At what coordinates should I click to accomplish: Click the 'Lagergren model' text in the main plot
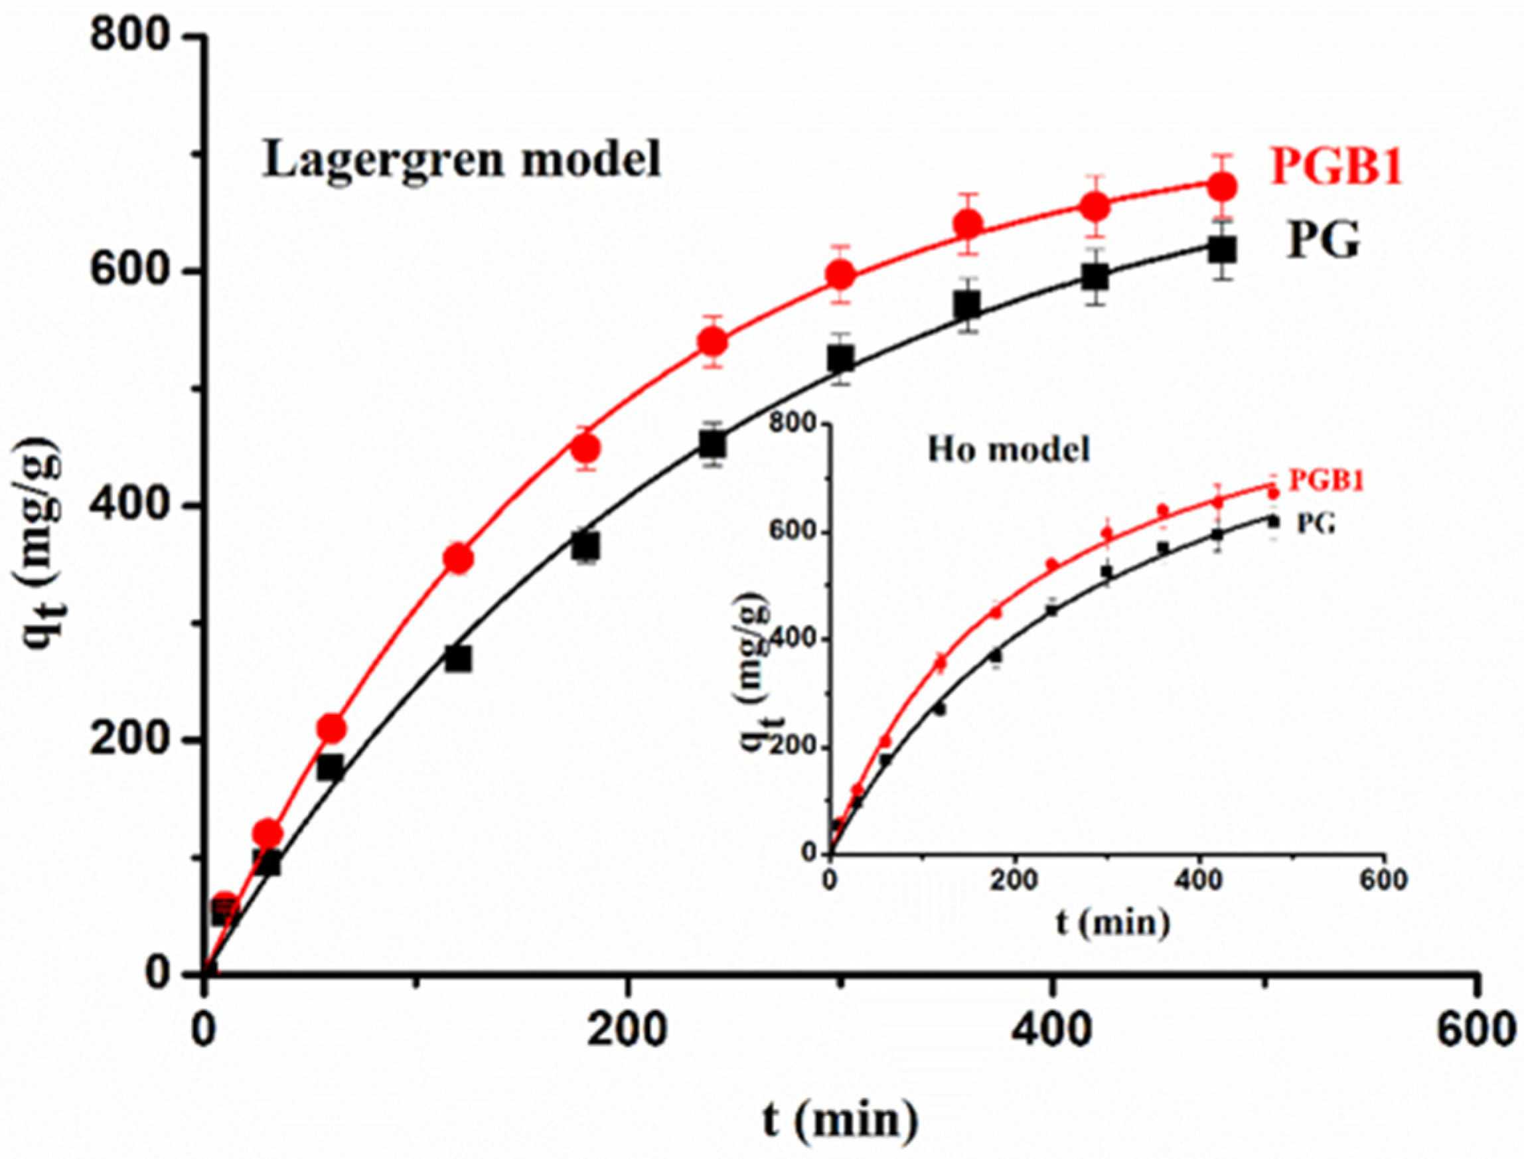(x=461, y=160)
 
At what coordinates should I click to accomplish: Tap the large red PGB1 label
(x=1336, y=168)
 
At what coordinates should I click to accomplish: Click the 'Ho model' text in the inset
(x=1009, y=451)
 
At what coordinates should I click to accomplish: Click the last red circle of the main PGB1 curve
(x=1223, y=187)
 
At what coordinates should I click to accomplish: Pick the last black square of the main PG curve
(x=1223, y=250)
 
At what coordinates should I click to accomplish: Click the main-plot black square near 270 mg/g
(x=458, y=658)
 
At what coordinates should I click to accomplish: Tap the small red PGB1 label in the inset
(x=1326, y=481)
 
